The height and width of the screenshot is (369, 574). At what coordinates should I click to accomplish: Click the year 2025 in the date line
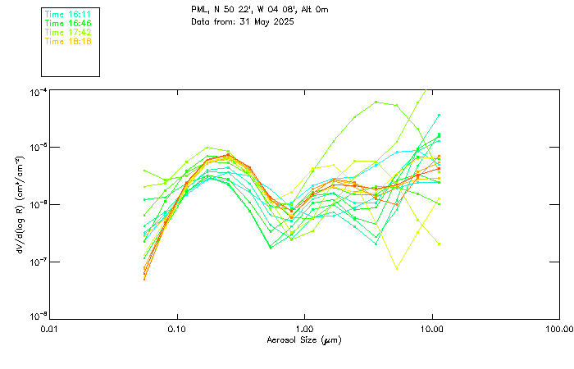coord(281,21)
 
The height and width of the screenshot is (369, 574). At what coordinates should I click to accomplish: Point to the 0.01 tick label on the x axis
coord(50,329)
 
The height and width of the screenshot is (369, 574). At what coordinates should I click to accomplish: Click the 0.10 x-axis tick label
coord(177,329)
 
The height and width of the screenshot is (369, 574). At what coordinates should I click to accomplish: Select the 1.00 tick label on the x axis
coord(305,329)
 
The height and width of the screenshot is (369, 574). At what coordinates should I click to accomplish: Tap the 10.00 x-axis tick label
coord(432,329)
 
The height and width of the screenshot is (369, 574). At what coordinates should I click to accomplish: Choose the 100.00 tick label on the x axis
coord(558,329)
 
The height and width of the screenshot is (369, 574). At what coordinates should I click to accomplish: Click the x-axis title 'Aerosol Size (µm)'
coord(305,339)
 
